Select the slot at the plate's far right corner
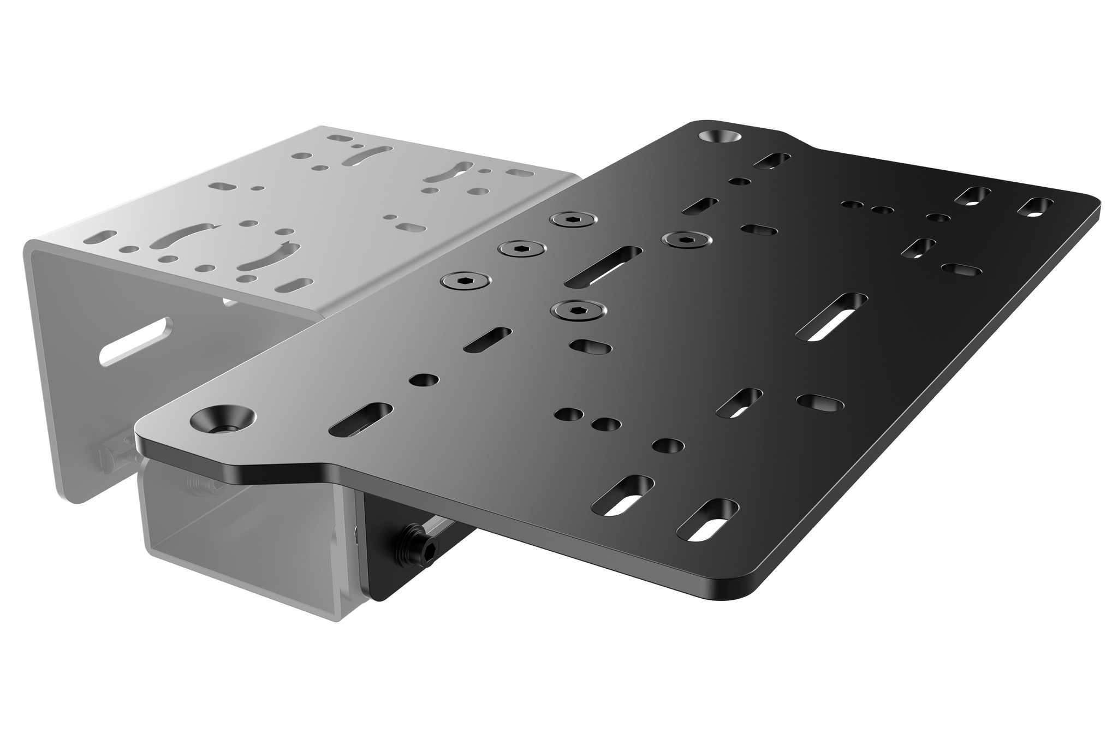(1036, 208)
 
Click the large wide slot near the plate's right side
(832, 317)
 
